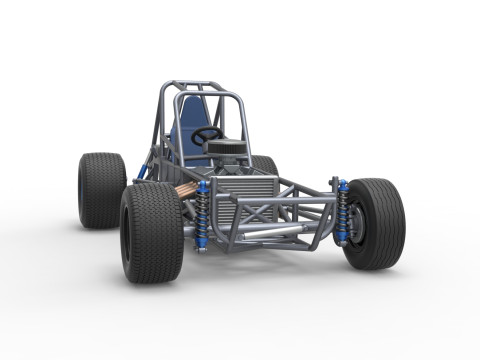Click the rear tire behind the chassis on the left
point(100,190)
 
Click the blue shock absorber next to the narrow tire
point(342,213)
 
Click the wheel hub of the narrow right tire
point(358,225)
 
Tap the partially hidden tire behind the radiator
point(265,166)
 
